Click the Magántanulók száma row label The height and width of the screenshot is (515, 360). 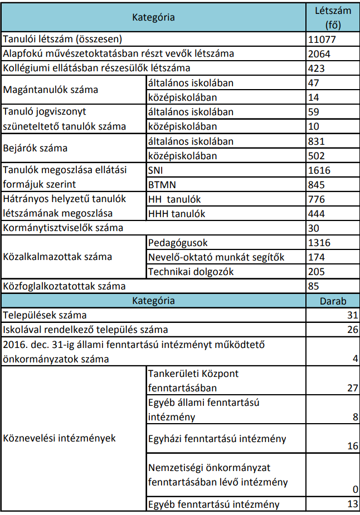click(51, 90)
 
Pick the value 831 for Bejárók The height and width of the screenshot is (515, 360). click(316, 141)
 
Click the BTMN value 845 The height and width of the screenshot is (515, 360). click(316, 185)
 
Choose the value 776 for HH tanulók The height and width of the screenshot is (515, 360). click(316, 199)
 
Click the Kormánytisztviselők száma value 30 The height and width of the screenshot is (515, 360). click(313, 228)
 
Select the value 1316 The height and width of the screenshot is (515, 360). click(319, 243)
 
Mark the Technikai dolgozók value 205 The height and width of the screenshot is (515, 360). click(316, 272)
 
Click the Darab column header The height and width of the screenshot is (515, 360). click(332, 301)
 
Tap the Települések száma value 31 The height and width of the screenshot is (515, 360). click(352, 316)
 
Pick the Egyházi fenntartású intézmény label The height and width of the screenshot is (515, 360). click(217, 439)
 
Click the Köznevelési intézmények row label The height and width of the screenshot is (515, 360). click(60, 438)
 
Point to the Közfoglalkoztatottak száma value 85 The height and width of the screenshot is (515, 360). click(313, 286)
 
